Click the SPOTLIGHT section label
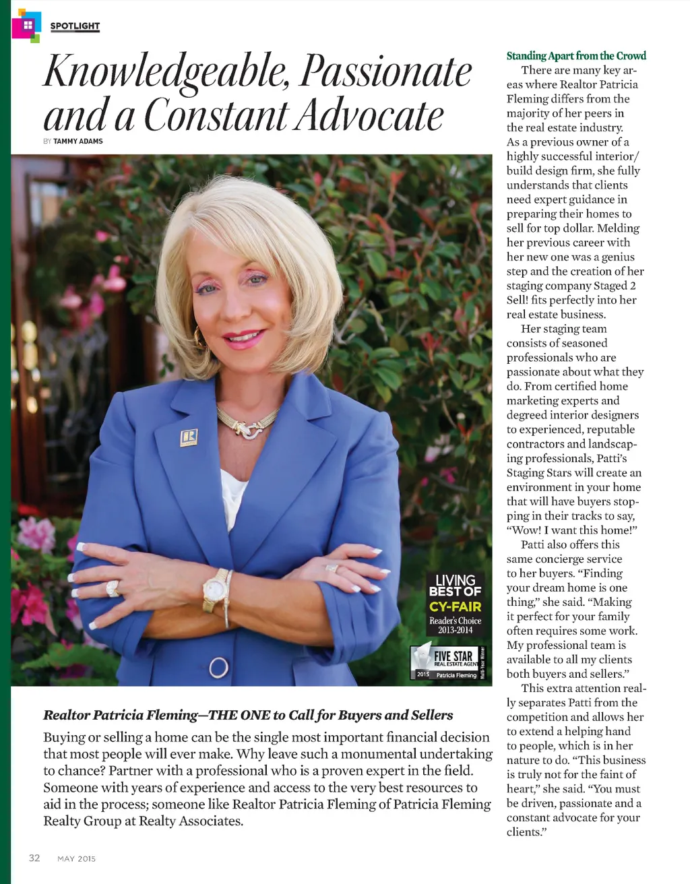[75, 26]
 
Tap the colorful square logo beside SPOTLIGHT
[26, 26]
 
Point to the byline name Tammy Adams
[78, 141]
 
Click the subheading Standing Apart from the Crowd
[576, 56]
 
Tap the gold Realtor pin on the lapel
[189, 437]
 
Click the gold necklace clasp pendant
[251, 429]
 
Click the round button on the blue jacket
[218, 668]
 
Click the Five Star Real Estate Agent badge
[447, 663]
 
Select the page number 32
[34, 858]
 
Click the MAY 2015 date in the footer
[77, 858]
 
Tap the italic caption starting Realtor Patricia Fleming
[248, 715]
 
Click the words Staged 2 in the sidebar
[615, 286]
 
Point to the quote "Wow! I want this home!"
[572, 530]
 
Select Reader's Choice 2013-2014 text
[456, 625]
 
